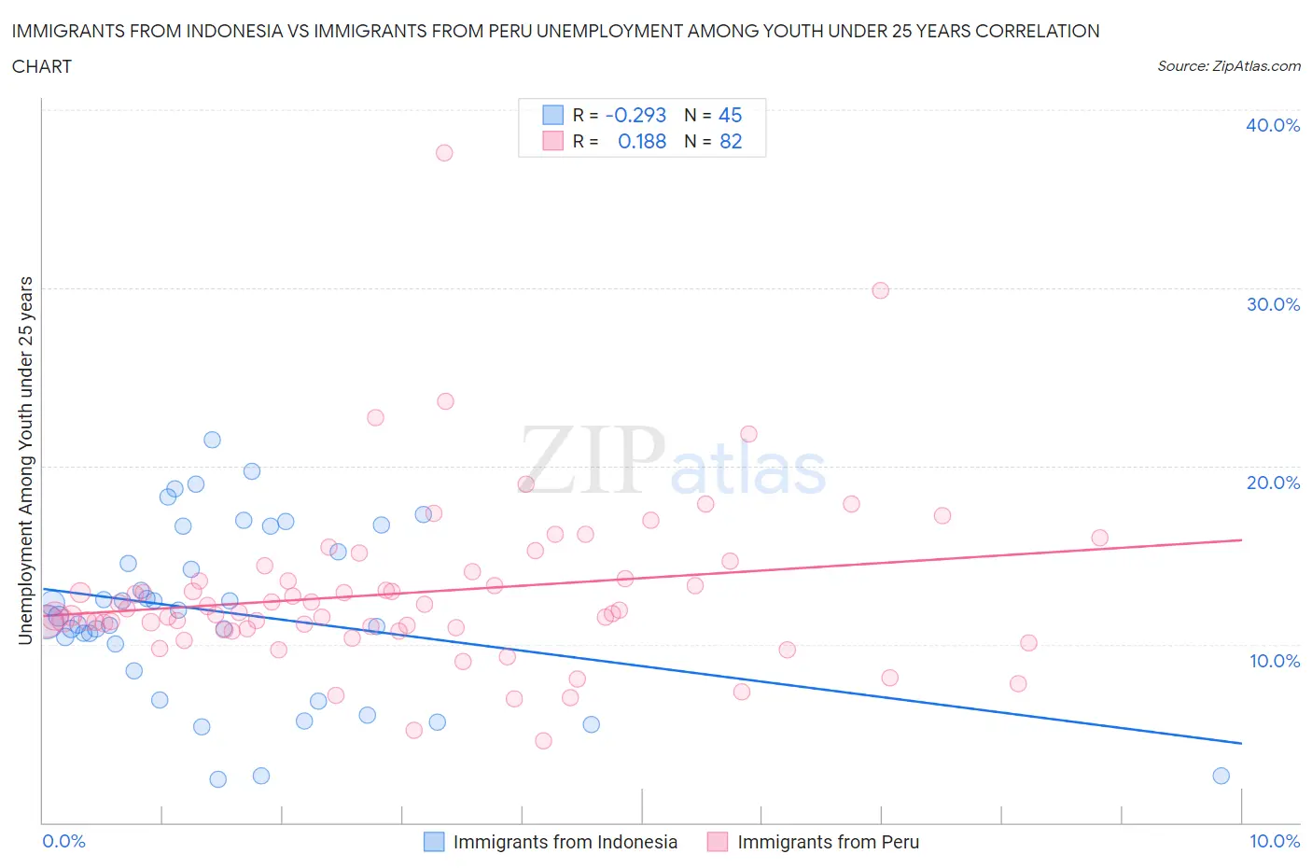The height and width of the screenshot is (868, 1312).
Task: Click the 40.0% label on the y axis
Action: tap(1272, 125)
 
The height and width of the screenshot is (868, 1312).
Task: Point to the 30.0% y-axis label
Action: tap(1272, 304)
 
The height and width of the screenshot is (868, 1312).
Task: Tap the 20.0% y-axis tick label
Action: tap(1272, 483)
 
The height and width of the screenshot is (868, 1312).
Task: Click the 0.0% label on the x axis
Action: tap(63, 841)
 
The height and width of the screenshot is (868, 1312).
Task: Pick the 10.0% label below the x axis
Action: tap(1274, 841)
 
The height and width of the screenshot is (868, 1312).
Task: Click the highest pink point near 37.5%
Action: tap(444, 152)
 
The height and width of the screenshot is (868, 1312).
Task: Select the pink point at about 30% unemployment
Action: tap(880, 290)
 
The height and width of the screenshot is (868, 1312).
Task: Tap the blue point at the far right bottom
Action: tap(1221, 776)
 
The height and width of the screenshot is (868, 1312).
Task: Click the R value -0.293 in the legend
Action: tap(635, 115)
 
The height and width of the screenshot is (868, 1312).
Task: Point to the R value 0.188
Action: tap(642, 141)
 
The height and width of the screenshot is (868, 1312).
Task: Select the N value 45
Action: tap(730, 115)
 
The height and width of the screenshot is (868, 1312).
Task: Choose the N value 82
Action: tap(731, 141)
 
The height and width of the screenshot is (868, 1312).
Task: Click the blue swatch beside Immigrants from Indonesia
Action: tap(434, 842)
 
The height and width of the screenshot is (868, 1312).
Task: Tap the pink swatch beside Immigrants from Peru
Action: tap(717, 842)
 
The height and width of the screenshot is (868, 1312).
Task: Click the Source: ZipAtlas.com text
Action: tap(1228, 65)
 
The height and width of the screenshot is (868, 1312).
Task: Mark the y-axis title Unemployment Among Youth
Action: tap(25, 460)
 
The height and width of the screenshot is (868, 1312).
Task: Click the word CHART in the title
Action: tap(42, 66)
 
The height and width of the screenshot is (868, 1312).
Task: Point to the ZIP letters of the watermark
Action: tap(593, 460)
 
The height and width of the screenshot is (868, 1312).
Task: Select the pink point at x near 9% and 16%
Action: tap(1099, 538)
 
